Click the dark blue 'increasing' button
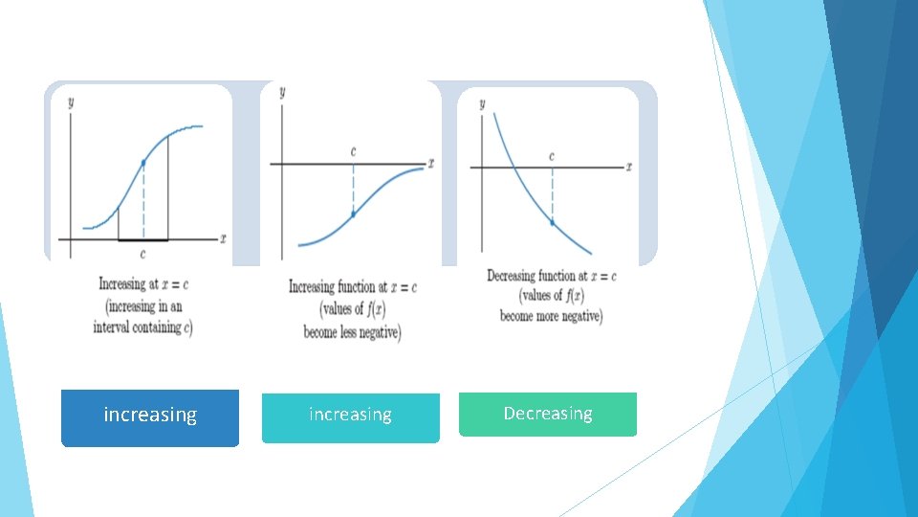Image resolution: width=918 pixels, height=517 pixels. tap(150, 416)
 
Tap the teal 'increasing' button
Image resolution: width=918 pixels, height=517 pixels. tap(350, 416)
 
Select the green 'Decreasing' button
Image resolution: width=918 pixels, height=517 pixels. tap(547, 414)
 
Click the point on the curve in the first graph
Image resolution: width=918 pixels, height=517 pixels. tap(143, 164)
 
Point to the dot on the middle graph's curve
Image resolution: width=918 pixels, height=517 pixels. tap(353, 214)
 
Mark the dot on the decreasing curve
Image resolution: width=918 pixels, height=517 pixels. tap(552, 221)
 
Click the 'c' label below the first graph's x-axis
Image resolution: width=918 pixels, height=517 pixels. tap(143, 254)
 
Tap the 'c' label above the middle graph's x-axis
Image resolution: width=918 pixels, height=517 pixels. tap(354, 151)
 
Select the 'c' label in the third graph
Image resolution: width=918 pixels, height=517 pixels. tap(552, 156)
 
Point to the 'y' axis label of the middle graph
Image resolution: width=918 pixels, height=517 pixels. tap(281, 93)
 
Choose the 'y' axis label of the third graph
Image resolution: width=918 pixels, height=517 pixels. tap(482, 103)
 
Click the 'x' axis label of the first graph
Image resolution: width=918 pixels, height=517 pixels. tap(223, 236)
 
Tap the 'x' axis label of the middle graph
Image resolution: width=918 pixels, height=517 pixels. tap(430, 164)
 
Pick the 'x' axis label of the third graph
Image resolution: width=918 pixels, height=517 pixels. tap(629, 167)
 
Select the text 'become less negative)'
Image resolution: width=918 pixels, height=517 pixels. tap(352, 331)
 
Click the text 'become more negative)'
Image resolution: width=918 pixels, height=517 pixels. tap(551, 316)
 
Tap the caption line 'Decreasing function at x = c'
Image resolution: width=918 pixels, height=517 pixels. tap(551, 276)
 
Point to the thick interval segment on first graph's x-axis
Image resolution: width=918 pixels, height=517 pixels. tap(143, 240)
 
